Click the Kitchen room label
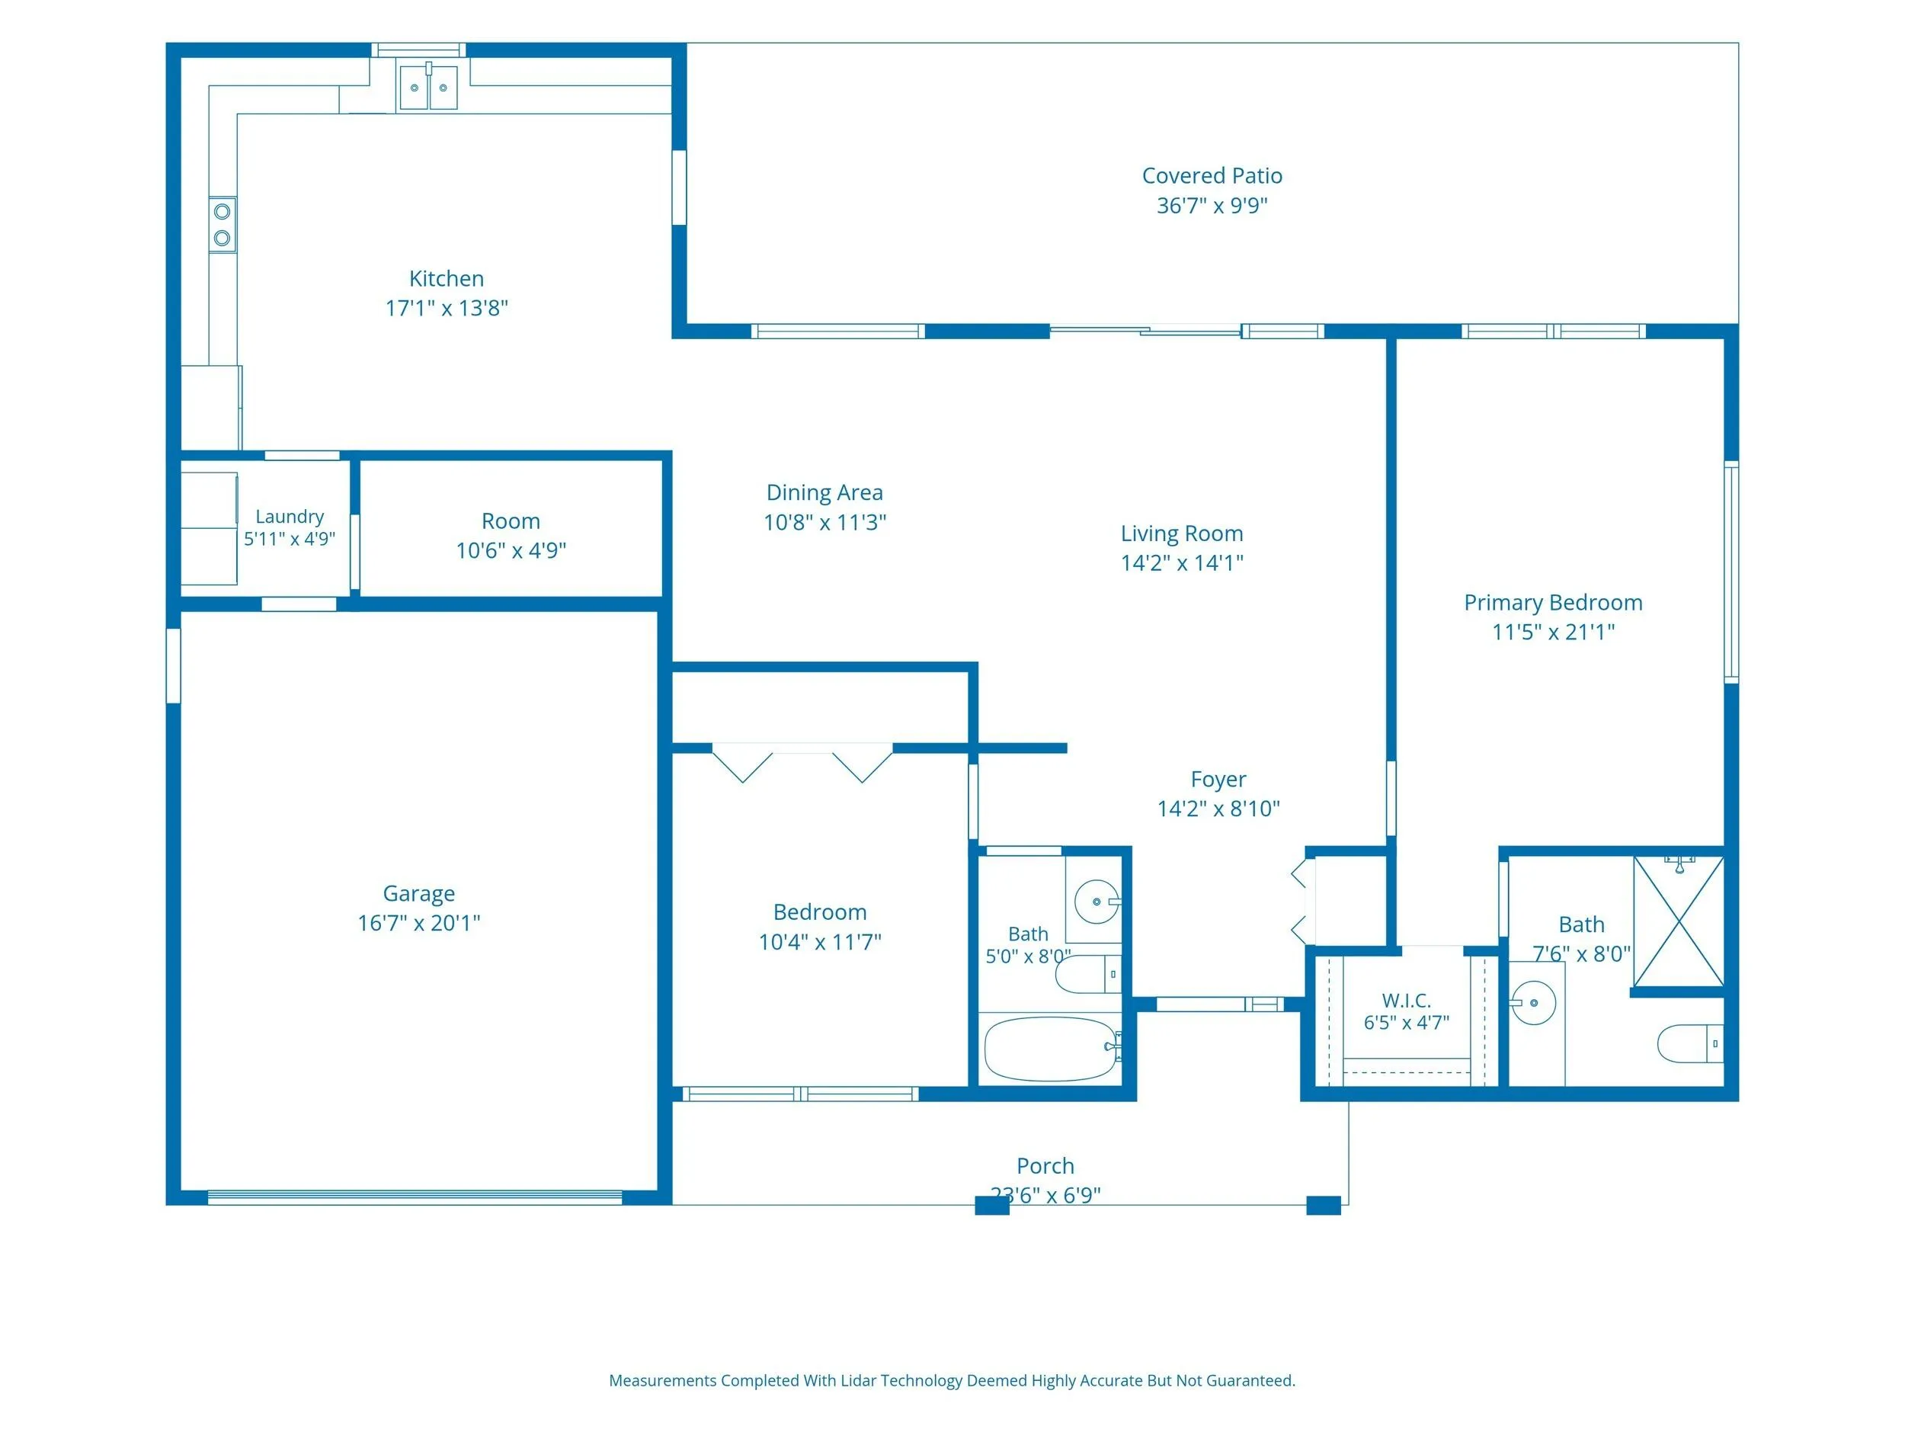tap(446, 278)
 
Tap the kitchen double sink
tap(429, 86)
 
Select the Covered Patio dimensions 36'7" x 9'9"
tap(1212, 205)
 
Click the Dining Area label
tap(824, 492)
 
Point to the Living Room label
tap(1182, 534)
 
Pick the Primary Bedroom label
tap(1553, 603)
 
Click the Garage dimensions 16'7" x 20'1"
tap(418, 922)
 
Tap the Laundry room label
tap(290, 517)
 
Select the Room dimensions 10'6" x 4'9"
tap(511, 550)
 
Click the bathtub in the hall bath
tap(1052, 1049)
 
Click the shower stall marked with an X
tap(1679, 921)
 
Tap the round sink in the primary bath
tap(1533, 1003)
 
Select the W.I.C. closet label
tap(1407, 1001)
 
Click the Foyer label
tap(1218, 780)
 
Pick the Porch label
tap(1045, 1166)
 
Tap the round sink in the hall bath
tap(1097, 902)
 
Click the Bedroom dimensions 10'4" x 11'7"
tap(819, 942)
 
